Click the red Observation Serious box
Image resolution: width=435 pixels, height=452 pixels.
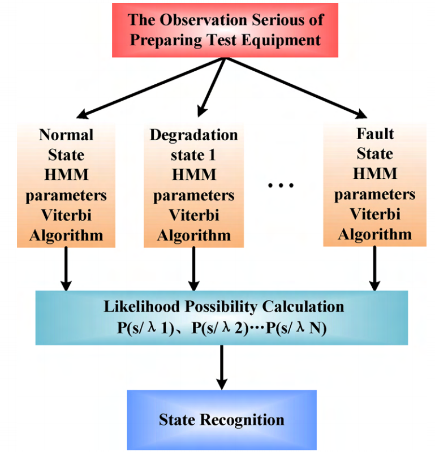[225, 30]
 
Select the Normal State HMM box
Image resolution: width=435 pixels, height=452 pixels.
[66, 184]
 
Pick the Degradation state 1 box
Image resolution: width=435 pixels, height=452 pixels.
[193, 184]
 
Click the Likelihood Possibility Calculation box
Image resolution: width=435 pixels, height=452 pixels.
[221, 317]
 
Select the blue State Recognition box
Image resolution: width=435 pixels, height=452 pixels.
[221, 420]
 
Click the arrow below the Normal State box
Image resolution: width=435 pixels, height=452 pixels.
[66, 268]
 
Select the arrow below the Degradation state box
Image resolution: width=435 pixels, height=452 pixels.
[193, 268]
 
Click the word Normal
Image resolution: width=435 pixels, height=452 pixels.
[66, 135]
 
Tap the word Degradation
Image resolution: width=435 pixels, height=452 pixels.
[193, 135]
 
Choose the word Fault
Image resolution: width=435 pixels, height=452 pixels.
[374, 134]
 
